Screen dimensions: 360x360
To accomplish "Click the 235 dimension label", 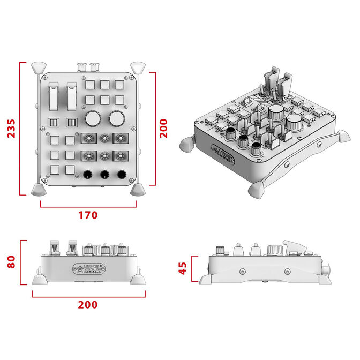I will point(11,129).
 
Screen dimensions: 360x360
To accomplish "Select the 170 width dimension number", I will point(88,215).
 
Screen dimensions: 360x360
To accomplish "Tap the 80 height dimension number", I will point(11,262).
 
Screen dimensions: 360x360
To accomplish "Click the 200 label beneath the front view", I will point(88,304).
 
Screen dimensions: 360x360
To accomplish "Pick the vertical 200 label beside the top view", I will point(164,129).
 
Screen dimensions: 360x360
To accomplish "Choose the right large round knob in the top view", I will point(116,117).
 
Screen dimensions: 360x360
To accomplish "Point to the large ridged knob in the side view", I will point(275,251).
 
